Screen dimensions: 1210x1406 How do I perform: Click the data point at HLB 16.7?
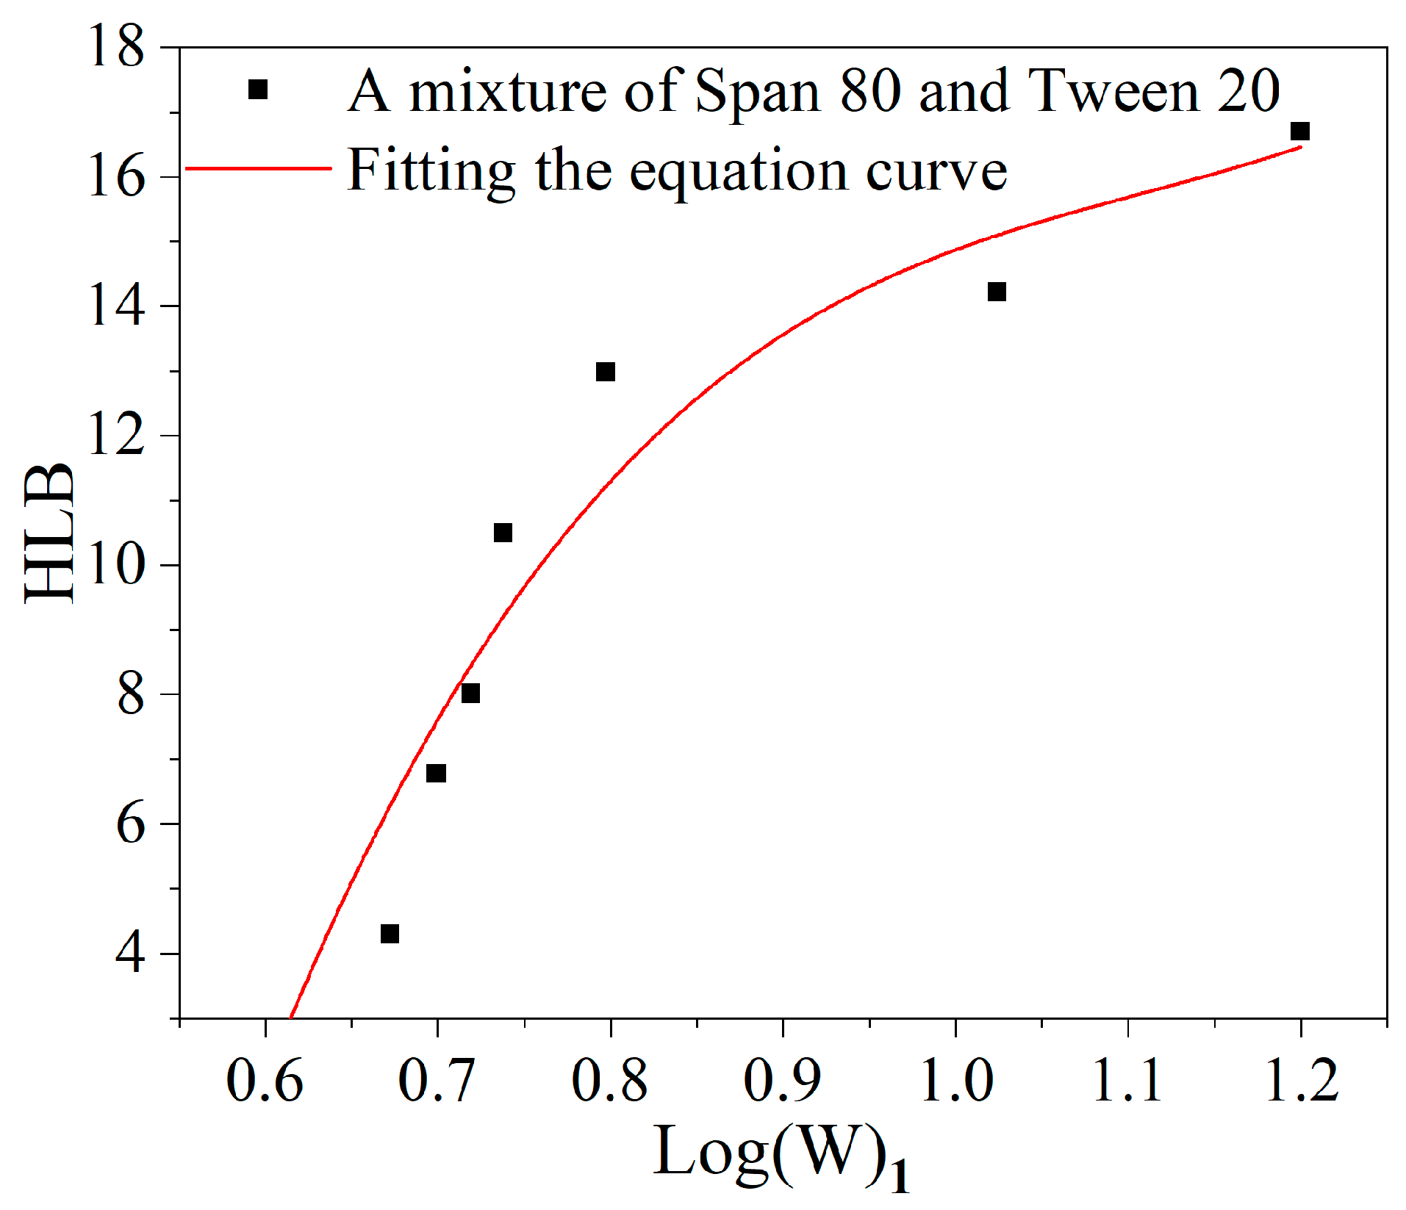pyautogui.click(x=1299, y=132)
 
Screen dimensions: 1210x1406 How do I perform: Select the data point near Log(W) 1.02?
pyautogui.click(x=996, y=292)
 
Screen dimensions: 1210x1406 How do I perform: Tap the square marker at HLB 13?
pyautogui.click(x=605, y=372)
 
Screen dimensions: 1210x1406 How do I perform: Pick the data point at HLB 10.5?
pyautogui.click(x=503, y=533)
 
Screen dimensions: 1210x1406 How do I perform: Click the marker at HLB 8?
pyautogui.click(x=470, y=693)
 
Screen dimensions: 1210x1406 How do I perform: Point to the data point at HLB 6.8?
pyautogui.click(x=436, y=774)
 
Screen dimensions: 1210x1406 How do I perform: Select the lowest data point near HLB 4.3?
pyautogui.click(x=390, y=934)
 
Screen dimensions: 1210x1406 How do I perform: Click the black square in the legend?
pyautogui.click(x=258, y=90)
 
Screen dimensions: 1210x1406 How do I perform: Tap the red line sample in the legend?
pyautogui.click(x=258, y=169)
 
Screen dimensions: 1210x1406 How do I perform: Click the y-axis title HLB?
pyautogui.click(x=50, y=534)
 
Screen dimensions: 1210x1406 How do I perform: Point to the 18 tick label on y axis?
pyautogui.click(x=116, y=47)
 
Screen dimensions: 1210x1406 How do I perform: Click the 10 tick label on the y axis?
pyautogui.click(x=116, y=565)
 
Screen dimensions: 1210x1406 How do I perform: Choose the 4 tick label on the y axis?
pyautogui.click(x=129, y=954)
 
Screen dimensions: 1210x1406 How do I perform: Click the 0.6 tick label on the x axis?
pyautogui.click(x=265, y=1081)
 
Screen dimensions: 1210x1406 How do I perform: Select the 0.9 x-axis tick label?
pyautogui.click(x=782, y=1081)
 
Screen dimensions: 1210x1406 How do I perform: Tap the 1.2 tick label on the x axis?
pyautogui.click(x=1301, y=1081)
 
